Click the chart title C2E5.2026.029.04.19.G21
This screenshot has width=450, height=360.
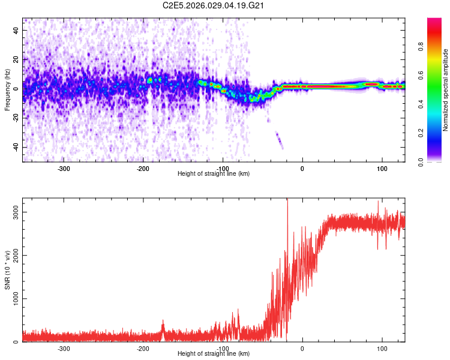(214, 5)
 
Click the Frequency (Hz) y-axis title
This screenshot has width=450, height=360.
(7, 89)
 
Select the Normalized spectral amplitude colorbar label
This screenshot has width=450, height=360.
(445, 89)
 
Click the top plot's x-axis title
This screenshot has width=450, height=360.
(214, 173)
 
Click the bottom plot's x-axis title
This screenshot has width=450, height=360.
(214, 353)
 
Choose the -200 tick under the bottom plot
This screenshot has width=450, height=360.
(143, 347)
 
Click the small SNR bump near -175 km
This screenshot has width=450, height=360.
(162, 327)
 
